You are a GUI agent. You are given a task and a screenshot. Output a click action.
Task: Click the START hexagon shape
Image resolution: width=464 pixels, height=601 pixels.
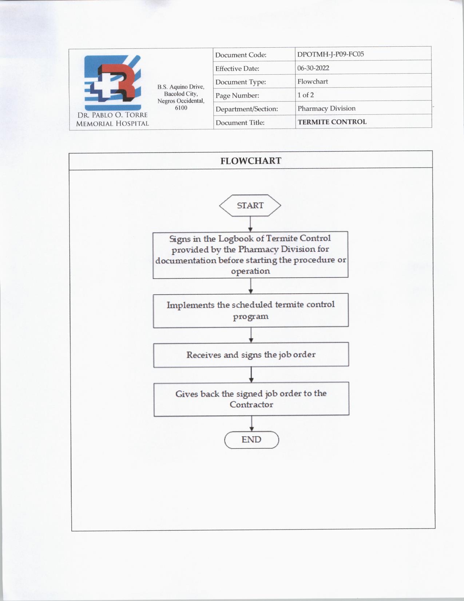tap(250, 205)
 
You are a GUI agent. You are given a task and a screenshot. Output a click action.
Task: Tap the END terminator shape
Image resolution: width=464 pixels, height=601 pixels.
tap(251, 440)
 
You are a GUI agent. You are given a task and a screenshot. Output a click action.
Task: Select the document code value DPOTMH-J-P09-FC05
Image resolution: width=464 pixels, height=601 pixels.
tap(330, 54)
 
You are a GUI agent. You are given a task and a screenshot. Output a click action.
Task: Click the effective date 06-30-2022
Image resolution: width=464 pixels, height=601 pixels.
tap(313, 68)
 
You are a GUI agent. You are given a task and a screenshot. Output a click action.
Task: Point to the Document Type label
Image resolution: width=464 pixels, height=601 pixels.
tap(241, 82)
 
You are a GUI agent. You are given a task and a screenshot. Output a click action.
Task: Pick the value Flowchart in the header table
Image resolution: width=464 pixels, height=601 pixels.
tap(313, 81)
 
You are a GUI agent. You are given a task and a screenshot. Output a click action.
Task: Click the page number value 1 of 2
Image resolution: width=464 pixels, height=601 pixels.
tap(305, 95)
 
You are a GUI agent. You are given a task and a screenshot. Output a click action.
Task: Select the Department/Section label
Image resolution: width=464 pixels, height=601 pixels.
tap(246, 109)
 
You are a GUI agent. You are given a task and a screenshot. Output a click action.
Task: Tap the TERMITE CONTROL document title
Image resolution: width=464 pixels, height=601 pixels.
tap(332, 122)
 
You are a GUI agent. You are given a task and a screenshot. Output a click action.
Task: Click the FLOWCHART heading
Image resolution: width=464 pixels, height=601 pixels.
tap(251, 161)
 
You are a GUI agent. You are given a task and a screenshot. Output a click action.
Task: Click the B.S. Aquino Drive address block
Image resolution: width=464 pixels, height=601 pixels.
tap(181, 97)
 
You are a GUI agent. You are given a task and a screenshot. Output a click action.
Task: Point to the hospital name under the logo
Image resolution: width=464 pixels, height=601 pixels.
tap(112, 119)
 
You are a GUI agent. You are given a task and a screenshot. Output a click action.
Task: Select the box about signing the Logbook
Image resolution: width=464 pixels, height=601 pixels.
tap(250, 255)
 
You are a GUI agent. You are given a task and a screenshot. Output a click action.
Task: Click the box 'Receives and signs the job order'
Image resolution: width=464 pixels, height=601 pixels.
tap(251, 355)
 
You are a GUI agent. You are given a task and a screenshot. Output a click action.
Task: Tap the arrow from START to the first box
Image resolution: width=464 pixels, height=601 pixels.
tap(250, 224)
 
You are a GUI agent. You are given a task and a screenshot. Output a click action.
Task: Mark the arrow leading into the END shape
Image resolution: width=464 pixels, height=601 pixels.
tap(251, 424)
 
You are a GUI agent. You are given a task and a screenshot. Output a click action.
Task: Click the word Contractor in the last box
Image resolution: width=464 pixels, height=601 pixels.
tap(251, 405)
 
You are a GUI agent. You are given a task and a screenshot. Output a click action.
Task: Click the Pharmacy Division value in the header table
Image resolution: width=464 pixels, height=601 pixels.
tap(326, 109)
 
